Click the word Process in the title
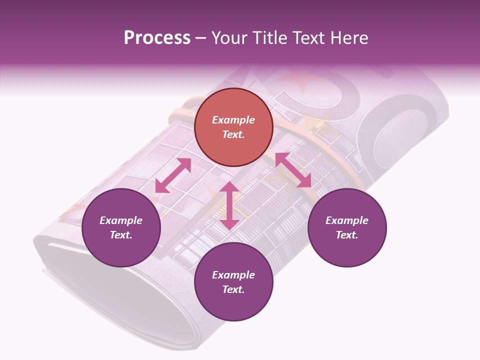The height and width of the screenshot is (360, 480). pos(157,38)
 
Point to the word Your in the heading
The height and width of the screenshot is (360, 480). pos(229,38)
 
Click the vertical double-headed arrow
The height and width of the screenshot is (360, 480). pos(229,205)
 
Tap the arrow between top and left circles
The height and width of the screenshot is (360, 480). pos(173,175)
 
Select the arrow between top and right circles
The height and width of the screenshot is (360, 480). pos(293,170)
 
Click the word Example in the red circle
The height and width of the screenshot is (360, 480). pos(233,120)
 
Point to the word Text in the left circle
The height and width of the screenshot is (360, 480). pos(121,235)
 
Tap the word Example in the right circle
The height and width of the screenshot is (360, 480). pos(347,220)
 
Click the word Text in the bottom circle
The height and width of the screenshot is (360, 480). pos(233,289)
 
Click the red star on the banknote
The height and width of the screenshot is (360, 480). pos(295,80)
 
